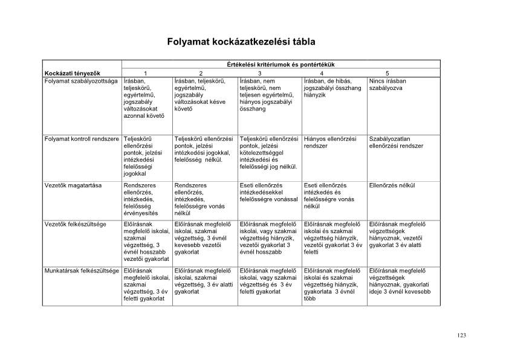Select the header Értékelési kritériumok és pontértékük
[x=280, y=64]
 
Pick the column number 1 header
[x=145, y=73]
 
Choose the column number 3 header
[x=259, y=73]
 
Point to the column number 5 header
[x=387, y=73]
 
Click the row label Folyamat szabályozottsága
[x=80, y=80]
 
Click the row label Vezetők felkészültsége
[x=76, y=224]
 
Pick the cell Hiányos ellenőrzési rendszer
[x=330, y=143]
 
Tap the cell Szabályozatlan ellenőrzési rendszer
[x=396, y=143]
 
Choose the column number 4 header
[x=322, y=73]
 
